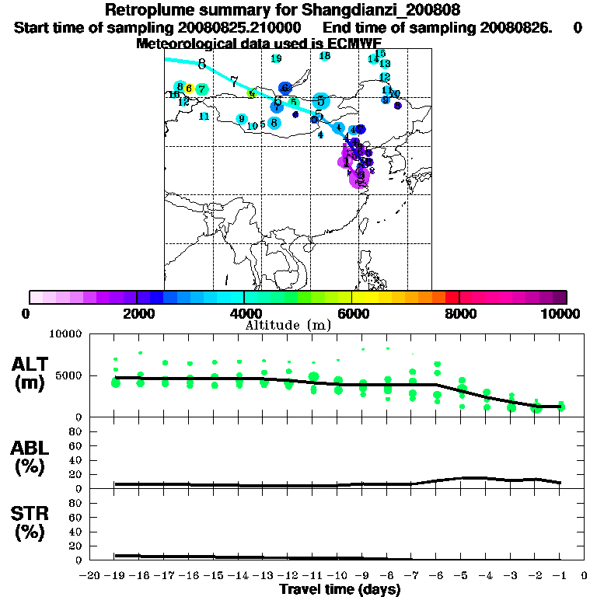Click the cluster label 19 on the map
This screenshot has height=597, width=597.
[x=276, y=58]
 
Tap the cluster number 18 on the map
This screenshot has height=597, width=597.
[x=325, y=56]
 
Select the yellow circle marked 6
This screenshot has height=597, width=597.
[x=189, y=88]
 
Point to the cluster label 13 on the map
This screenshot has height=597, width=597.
[x=385, y=63]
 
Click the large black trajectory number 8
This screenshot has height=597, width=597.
[x=202, y=64]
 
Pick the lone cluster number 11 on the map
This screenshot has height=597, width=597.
[x=204, y=117]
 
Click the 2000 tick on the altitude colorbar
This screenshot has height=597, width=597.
[x=137, y=296]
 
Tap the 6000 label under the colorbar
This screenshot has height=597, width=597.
[x=351, y=313]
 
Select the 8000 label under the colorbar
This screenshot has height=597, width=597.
[x=459, y=313]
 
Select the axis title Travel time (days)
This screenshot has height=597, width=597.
[x=340, y=589]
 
